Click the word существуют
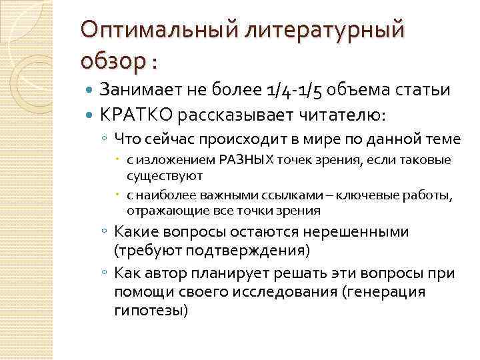pyautogui.click(x=165, y=175)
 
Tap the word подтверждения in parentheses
pyautogui.click(x=245, y=251)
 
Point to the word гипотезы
pyautogui.click(x=151, y=311)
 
